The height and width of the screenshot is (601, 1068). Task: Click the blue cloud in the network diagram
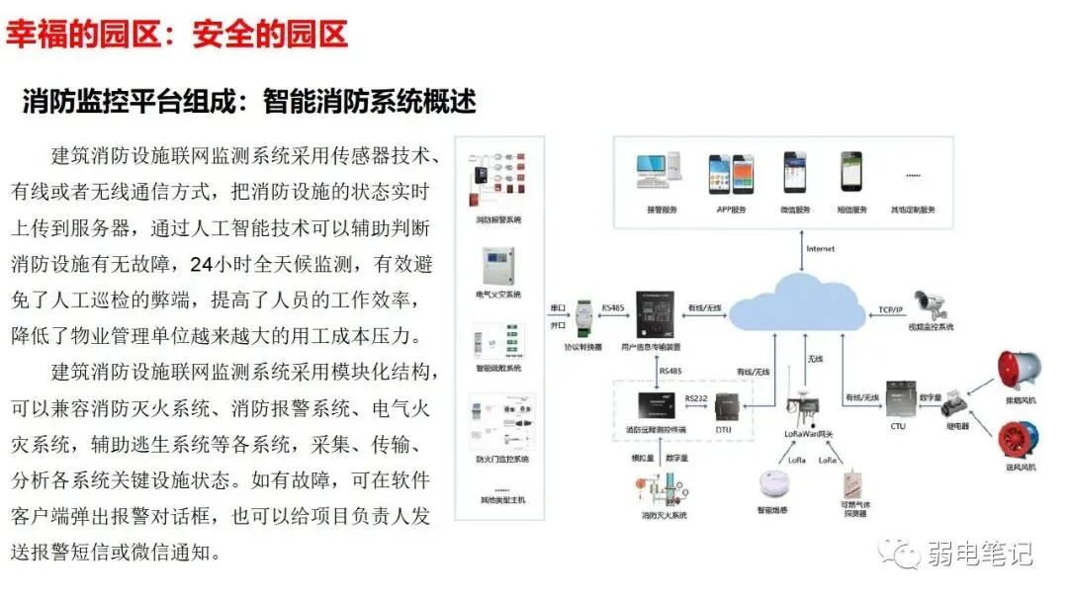tap(803, 306)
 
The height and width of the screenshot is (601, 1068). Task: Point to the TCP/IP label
tap(891, 309)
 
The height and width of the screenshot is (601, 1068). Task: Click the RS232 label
tap(695, 396)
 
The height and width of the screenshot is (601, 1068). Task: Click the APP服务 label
tap(731, 210)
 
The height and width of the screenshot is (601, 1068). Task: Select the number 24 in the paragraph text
tap(201, 265)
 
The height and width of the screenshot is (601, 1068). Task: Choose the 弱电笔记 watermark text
tap(979, 554)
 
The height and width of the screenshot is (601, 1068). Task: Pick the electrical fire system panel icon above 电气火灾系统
tap(498, 264)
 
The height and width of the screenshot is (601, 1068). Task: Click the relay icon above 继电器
tap(956, 403)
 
